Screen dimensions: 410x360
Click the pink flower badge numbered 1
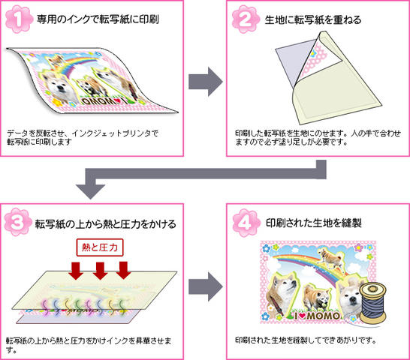pyautogui.click(x=19, y=19)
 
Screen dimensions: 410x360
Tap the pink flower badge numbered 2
pyautogui.click(x=246, y=19)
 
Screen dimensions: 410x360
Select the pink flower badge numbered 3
pyautogui.click(x=18, y=222)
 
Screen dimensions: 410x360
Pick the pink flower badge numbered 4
pyautogui.click(x=246, y=223)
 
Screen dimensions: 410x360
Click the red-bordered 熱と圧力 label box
pyautogui.click(x=100, y=247)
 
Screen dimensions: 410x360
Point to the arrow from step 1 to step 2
pyautogui.click(x=206, y=82)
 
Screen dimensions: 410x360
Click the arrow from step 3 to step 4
pyautogui.click(x=206, y=286)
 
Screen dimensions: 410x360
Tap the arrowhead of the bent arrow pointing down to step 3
pyautogui.click(x=90, y=191)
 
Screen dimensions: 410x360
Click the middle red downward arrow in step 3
pyautogui.click(x=100, y=271)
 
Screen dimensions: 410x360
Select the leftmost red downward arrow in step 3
pyautogui.click(x=76, y=271)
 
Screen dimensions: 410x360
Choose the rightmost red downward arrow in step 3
pyautogui.click(x=123, y=270)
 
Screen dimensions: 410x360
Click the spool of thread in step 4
pyautogui.click(x=373, y=304)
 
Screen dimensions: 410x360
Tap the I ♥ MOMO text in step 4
pyautogui.click(x=317, y=316)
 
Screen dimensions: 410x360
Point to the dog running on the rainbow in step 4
pyautogui.click(x=330, y=258)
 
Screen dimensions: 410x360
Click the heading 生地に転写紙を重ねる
pyautogui.click(x=313, y=20)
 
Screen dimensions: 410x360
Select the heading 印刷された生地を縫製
pyautogui.click(x=314, y=223)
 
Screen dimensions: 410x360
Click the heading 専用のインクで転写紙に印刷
pyautogui.click(x=98, y=19)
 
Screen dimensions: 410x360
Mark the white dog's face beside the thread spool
pyautogui.click(x=349, y=296)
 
